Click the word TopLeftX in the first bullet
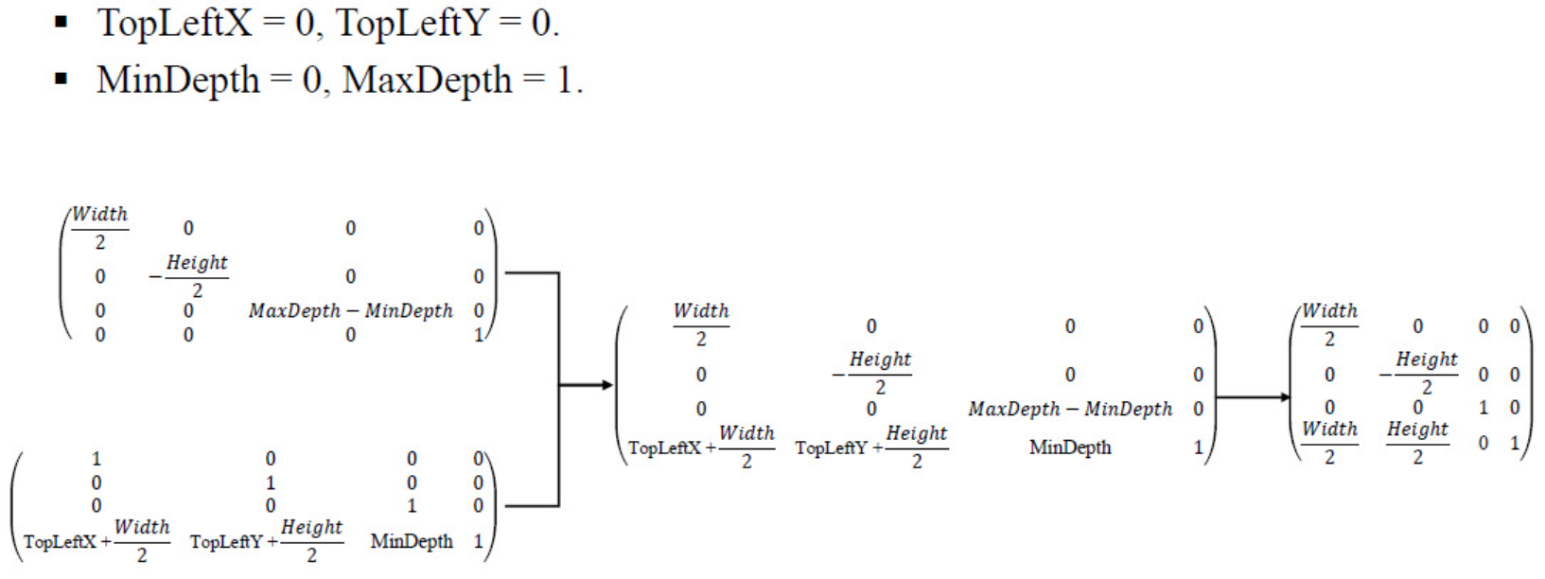(175, 23)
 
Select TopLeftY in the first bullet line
(413, 23)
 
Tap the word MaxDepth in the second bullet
(427, 80)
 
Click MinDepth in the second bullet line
(178, 80)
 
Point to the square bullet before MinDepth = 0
(61, 79)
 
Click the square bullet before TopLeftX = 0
(61, 22)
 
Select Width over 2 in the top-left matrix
(99, 228)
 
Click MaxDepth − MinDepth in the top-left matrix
(350, 310)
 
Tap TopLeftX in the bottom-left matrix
(60, 542)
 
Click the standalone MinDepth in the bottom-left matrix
(412, 541)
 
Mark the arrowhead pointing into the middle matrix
(605, 385)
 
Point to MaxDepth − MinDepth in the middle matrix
(1069, 409)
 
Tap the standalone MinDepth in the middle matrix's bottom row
(1069, 447)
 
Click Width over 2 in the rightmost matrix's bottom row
(1329, 443)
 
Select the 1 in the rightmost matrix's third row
(1483, 408)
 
